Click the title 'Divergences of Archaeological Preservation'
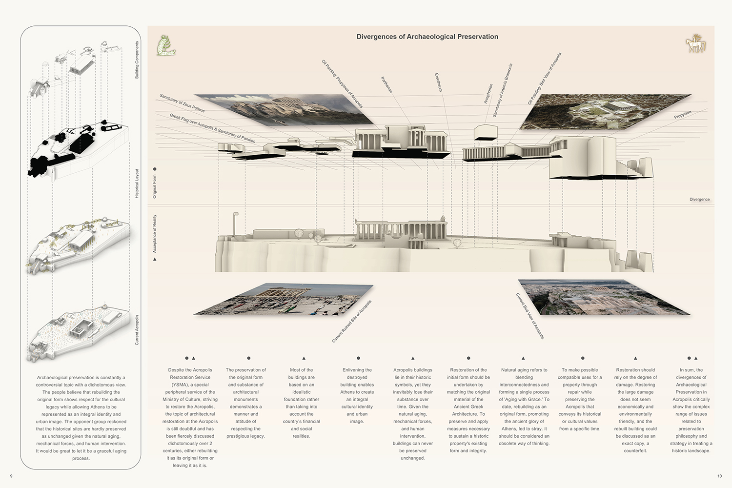coord(427,37)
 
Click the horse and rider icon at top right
coord(695,44)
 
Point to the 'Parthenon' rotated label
coord(386,84)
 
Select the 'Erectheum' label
coord(439,82)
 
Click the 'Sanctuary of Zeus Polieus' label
coord(182,103)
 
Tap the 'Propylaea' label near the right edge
coord(683,115)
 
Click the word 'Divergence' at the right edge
coord(699,200)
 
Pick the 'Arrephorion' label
coord(488,93)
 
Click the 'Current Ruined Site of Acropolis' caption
coord(352,321)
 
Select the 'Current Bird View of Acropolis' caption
coord(530,316)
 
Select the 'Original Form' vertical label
coord(155,186)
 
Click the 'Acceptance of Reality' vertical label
coord(155,234)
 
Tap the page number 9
coord(11,476)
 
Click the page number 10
coord(719,476)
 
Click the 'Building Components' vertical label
coord(137,60)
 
